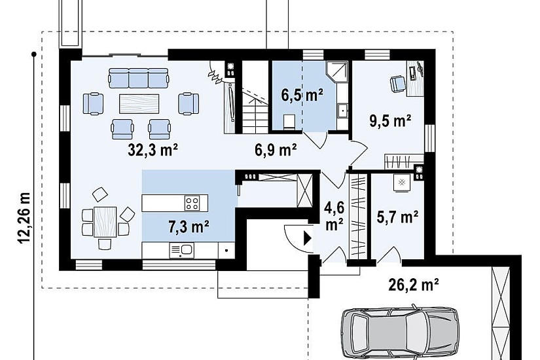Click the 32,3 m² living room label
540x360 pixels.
tap(153, 150)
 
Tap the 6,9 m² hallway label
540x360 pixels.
tap(276, 150)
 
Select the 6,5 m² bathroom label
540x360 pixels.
tap(302, 95)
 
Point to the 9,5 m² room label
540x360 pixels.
tap(390, 121)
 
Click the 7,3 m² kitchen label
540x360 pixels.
tap(189, 226)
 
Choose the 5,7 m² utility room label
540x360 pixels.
tap(397, 217)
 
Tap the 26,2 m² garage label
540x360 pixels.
tap(414, 285)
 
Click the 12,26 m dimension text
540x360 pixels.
tap(24, 218)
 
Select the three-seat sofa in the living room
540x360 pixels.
tap(139, 77)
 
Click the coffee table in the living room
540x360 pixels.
tap(139, 103)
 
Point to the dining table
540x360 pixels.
tap(105, 221)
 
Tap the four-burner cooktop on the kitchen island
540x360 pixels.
tap(192, 203)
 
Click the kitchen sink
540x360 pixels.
tap(181, 251)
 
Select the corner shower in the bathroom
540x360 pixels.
tap(336, 73)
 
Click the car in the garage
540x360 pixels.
tap(400, 333)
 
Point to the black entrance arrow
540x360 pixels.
tap(307, 238)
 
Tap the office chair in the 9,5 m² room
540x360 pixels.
tap(398, 84)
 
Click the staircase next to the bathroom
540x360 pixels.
tap(255, 98)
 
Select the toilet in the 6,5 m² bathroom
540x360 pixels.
tap(289, 122)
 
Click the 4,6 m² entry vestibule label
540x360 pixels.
tap(334, 217)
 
